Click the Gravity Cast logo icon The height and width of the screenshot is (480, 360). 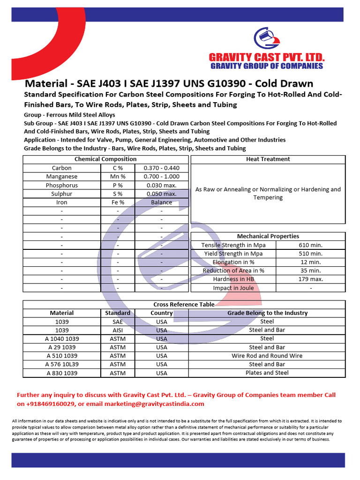[x=266, y=39]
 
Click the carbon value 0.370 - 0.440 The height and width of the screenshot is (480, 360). [x=162, y=168]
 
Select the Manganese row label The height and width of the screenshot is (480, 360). [x=62, y=177]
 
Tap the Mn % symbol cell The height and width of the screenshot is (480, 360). [x=118, y=177]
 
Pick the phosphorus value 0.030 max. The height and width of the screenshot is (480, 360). [x=162, y=185]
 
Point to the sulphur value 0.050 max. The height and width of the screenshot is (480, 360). [x=162, y=194]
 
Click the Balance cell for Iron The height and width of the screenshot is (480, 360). [x=162, y=202]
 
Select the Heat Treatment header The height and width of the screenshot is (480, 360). [x=268, y=159]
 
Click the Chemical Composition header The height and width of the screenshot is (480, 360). [x=105, y=159]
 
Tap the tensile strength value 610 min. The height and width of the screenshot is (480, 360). [x=310, y=245]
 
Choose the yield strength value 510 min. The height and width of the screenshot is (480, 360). [x=310, y=254]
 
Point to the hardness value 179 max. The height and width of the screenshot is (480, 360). [x=310, y=279]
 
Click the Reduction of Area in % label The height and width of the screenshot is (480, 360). [x=233, y=270]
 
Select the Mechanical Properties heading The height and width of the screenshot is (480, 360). [x=268, y=236]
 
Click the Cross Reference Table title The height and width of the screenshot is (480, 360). [x=184, y=304]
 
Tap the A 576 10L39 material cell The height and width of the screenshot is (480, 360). [x=62, y=364]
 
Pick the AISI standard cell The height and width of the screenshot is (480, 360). [x=118, y=330]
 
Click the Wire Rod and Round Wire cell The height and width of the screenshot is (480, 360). [x=267, y=356]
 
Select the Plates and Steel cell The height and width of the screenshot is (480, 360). [x=267, y=373]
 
